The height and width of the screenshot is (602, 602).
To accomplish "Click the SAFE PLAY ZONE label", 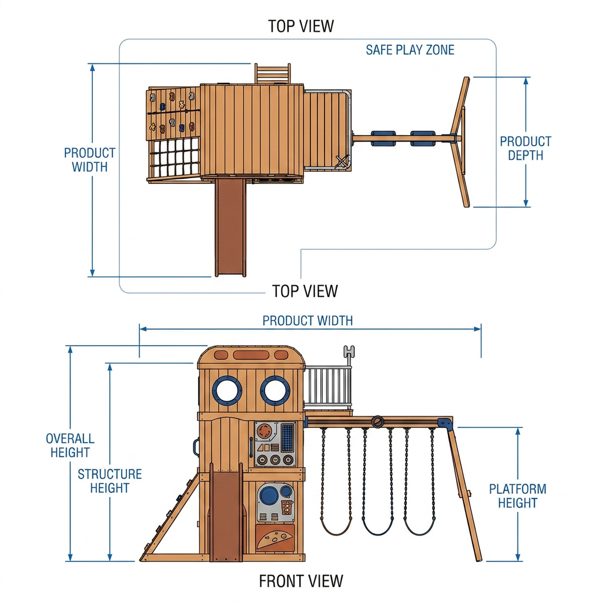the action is click(410, 50).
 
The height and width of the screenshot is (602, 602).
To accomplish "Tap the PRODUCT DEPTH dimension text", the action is click(525, 148).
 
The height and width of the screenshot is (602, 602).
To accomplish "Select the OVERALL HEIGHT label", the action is click(70, 446).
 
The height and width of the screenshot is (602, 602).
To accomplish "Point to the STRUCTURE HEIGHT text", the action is click(110, 481).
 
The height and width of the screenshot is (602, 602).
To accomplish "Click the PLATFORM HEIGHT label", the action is click(517, 496).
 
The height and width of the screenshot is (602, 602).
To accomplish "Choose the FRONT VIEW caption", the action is click(301, 581).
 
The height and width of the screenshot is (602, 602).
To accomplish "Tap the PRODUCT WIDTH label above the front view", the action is click(307, 320).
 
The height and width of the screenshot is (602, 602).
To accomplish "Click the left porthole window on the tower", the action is click(227, 390).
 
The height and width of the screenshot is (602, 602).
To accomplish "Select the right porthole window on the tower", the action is click(275, 390).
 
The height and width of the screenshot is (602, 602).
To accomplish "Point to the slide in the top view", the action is click(230, 228).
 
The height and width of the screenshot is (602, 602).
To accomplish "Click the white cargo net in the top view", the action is click(175, 158).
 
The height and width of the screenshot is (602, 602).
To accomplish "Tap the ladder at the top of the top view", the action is click(272, 73).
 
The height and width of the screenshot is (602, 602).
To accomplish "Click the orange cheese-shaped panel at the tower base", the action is click(275, 539).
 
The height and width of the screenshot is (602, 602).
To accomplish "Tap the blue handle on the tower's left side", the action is click(196, 447).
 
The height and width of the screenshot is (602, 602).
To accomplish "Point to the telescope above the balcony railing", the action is click(349, 354).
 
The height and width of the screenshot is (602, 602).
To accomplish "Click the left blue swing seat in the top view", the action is click(383, 139).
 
